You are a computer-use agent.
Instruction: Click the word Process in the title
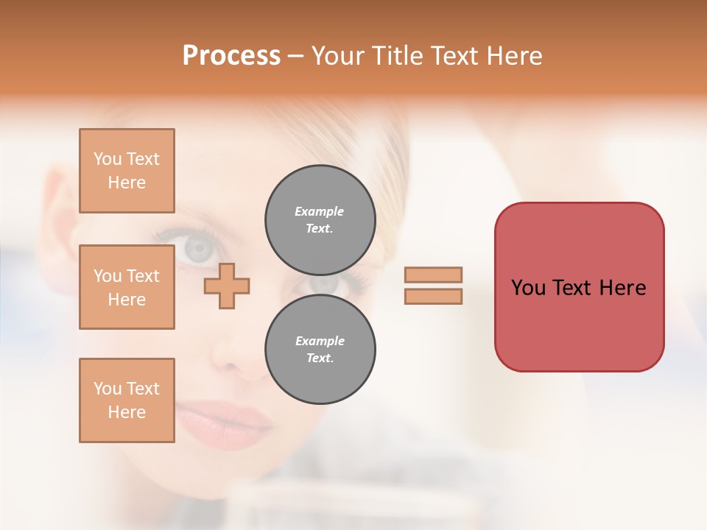231,56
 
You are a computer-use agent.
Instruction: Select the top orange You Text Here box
127,171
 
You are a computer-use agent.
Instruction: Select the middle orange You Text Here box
127,287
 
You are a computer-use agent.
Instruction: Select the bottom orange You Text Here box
127,400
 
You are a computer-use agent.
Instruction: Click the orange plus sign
227,286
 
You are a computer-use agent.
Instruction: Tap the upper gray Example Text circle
320,220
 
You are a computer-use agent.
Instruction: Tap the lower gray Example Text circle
320,350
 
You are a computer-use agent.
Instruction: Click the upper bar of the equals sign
433,275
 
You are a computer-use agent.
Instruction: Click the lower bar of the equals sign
433,297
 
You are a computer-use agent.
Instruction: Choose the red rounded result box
579,287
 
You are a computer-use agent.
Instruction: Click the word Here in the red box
622,288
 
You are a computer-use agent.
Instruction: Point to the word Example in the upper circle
320,211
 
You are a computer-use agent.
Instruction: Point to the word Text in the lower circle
320,358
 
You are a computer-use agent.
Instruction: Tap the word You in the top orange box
107,159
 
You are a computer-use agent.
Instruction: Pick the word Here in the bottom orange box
127,412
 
